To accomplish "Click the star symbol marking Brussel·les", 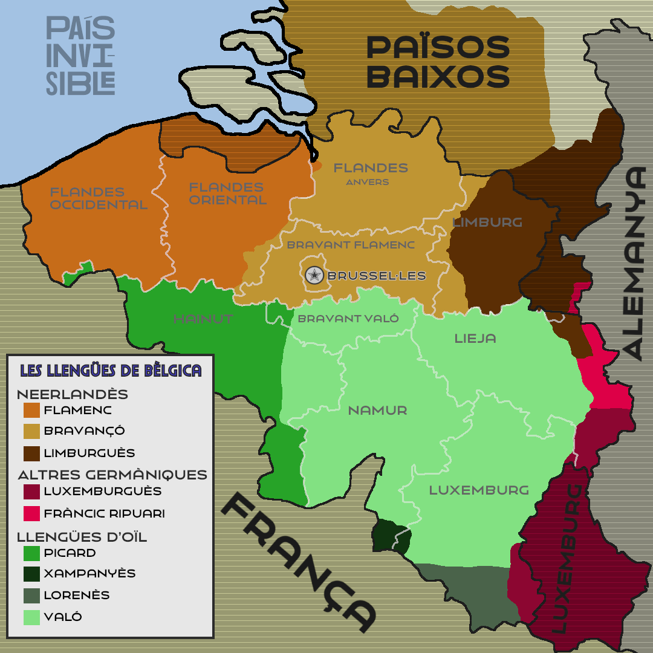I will click(x=314, y=276).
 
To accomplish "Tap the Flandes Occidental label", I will click(x=98, y=198).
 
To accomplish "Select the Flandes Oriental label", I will click(x=227, y=193).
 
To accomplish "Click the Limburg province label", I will click(x=487, y=223).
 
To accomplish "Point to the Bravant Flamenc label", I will click(x=351, y=245).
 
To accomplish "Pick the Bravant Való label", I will click(x=348, y=319).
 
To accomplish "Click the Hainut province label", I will click(x=203, y=319).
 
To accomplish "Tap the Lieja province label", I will click(x=475, y=338).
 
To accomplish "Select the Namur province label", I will click(x=377, y=411).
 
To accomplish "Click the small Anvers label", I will click(x=368, y=182).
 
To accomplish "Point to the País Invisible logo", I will click(x=80, y=56).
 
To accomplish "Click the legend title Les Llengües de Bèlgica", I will click(x=111, y=371).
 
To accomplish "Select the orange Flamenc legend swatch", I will click(x=31, y=411).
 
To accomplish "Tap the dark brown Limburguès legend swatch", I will click(x=31, y=453).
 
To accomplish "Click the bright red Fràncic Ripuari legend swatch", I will click(x=31, y=514).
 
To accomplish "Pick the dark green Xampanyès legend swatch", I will click(x=31, y=574).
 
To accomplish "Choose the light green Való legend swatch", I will click(x=31, y=617).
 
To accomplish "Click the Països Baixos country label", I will click(x=438, y=62).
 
